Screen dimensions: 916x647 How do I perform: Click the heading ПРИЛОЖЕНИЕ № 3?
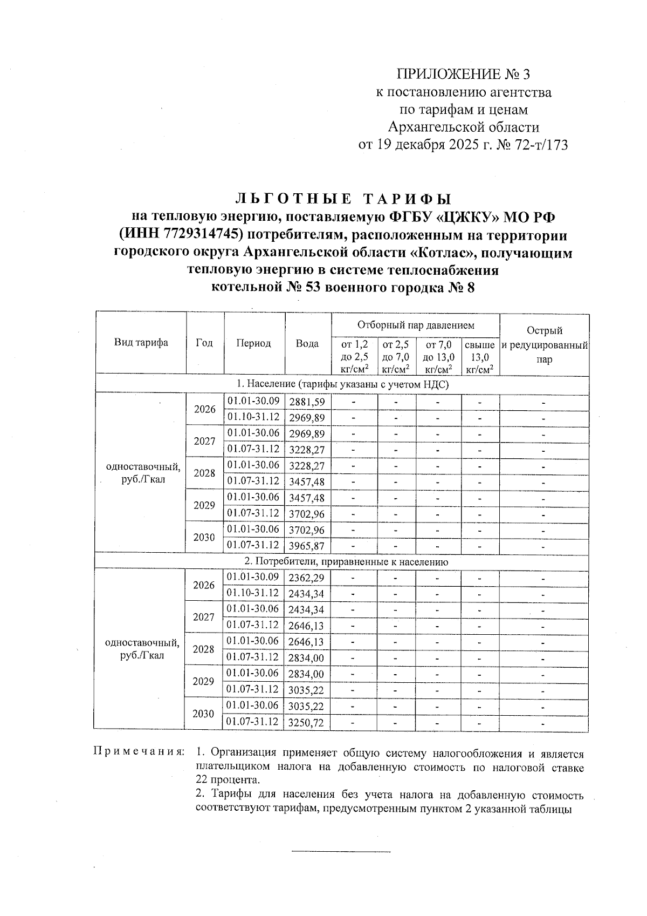pos(467,74)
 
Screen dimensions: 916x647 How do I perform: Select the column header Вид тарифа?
pos(141,343)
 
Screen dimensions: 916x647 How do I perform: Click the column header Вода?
pos(307,343)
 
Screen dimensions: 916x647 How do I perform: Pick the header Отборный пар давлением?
pos(416,325)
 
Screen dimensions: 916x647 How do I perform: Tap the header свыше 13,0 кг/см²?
pos(480,357)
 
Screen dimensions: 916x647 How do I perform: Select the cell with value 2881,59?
pos(307,402)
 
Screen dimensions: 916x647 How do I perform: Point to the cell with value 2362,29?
pos(307,578)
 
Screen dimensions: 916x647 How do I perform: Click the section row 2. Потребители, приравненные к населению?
pos(342,562)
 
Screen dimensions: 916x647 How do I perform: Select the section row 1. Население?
pos(342,385)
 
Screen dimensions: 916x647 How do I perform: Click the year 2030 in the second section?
pos(203,714)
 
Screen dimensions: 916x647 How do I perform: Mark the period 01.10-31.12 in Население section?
pos(253,417)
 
